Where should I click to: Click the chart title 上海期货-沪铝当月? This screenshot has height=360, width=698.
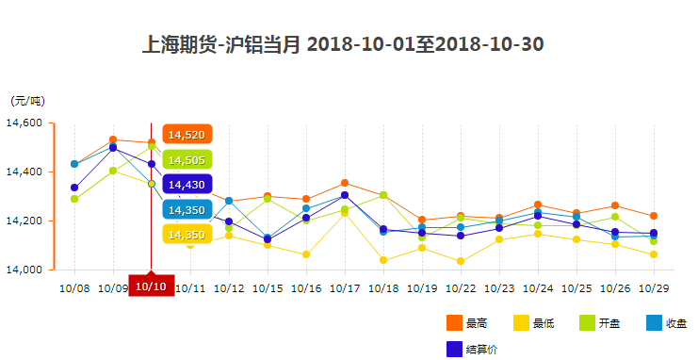coord(343,44)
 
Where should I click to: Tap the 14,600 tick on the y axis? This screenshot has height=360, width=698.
coord(24,123)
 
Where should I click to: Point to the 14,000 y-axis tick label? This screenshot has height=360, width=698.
coord(24,270)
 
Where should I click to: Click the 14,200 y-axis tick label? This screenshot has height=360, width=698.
coord(24,221)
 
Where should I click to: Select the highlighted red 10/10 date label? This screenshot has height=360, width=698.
coord(151,286)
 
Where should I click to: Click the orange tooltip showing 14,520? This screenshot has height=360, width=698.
coord(187,135)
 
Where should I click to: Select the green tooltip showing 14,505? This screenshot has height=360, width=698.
coord(187,160)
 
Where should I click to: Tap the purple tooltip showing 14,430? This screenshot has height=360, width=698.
coord(187,185)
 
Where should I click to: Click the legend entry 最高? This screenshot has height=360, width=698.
coord(467,323)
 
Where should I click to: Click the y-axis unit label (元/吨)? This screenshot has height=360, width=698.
coord(27,101)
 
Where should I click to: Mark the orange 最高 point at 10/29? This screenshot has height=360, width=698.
coord(654,216)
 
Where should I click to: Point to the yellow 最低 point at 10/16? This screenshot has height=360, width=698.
coord(306,254)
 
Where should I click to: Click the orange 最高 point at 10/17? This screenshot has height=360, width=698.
coord(345,183)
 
